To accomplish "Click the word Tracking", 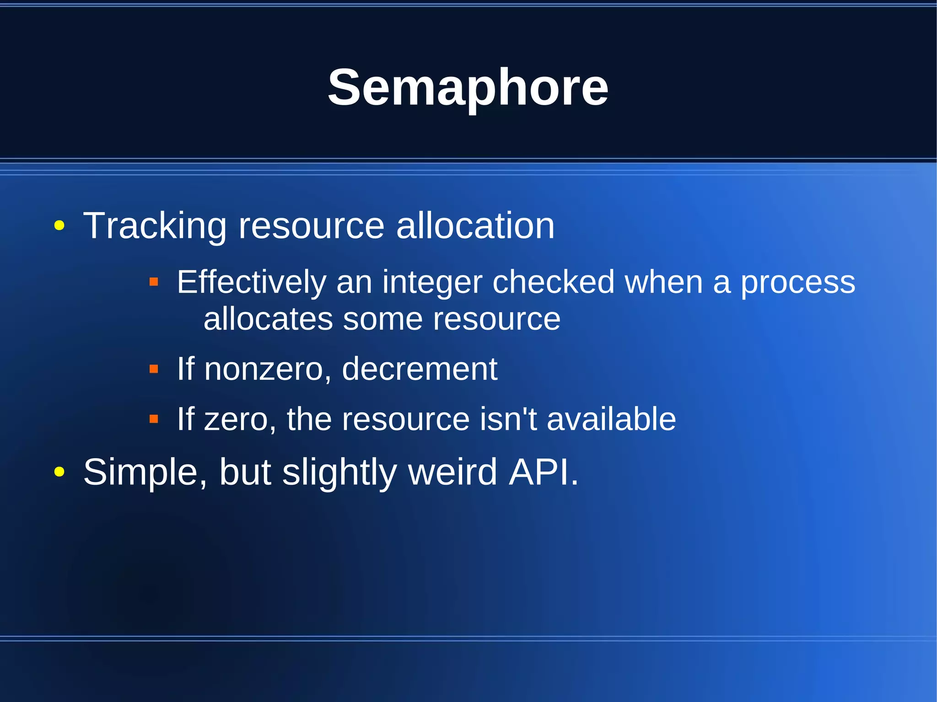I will click(x=155, y=226).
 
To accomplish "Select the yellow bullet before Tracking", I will click(x=59, y=225).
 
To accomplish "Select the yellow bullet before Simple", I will click(x=59, y=472).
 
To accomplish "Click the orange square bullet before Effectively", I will click(x=154, y=282).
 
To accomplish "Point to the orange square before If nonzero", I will click(x=154, y=369).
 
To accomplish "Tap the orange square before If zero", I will click(x=154, y=418).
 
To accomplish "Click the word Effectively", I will click(x=251, y=282).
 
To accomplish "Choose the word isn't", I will click(x=508, y=419).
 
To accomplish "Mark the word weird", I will click(x=452, y=472).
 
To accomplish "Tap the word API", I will click(x=544, y=472).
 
